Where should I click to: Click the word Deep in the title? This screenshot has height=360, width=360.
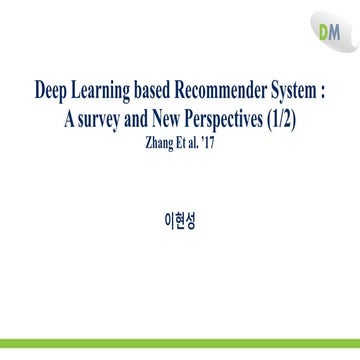tap(51, 87)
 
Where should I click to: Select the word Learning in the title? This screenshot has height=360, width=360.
tap(104, 88)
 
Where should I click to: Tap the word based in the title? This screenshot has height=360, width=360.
tap(160, 87)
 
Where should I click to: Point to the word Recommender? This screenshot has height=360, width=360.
tap(227, 87)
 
